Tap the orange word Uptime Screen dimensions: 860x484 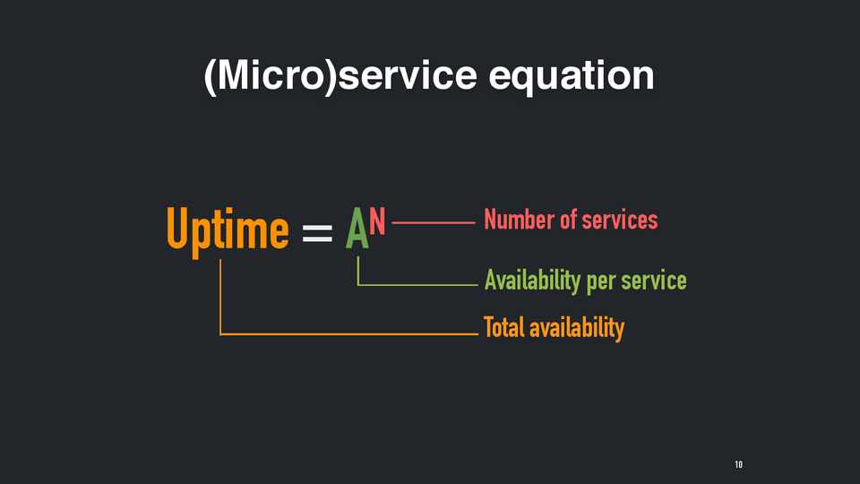coord(227,231)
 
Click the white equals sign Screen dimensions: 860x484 coord(317,233)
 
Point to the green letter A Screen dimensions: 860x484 coord(357,229)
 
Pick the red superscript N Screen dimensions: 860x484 coord(377,221)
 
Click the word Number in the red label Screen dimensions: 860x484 coord(519,220)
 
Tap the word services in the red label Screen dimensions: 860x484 coord(620,220)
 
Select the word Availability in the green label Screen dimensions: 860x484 coord(532,281)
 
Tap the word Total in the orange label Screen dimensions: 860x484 coord(503,328)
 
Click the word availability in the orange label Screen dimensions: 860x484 coord(577,329)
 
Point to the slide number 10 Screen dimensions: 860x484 coord(739,465)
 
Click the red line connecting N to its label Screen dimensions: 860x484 coord(434,223)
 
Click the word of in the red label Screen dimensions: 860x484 coord(568,220)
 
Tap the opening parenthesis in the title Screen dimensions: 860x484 coord(209,77)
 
